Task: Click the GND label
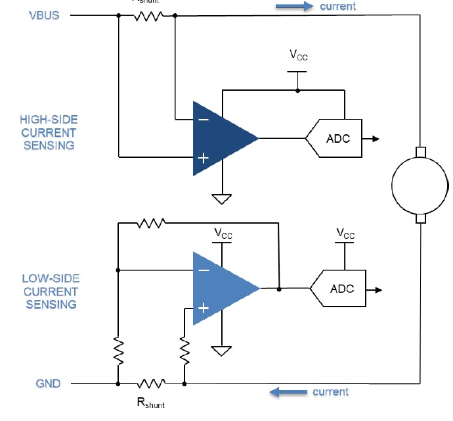click(49, 383)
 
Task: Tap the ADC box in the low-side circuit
click(339, 289)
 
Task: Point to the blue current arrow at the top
click(293, 7)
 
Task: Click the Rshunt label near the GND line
click(150, 402)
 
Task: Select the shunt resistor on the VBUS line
click(148, 16)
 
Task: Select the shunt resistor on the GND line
click(151, 383)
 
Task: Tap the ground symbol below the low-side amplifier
click(223, 349)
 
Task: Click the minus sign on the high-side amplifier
click(203, 120)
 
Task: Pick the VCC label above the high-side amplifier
click(298, 55)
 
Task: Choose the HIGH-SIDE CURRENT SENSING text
click(49, 132)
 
